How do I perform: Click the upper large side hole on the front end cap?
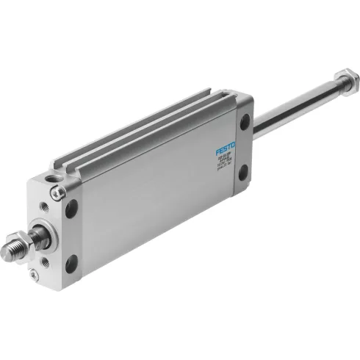71,209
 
